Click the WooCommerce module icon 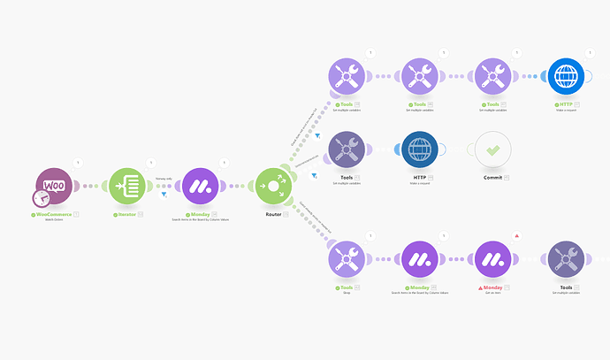click(x=56, y=187)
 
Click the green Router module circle click(x=273, y=187)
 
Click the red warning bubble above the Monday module click(x=516, y=236)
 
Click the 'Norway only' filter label click(x=164, y=179)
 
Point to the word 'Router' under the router click(x=273, y=214)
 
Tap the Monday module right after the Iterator click(x=202, y=187)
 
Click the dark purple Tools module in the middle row click(x=347, y=151)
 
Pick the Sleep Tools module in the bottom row click(x=347, y=261)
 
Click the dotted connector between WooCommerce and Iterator click(x=92, y=187)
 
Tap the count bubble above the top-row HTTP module click(x=591, y=54)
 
